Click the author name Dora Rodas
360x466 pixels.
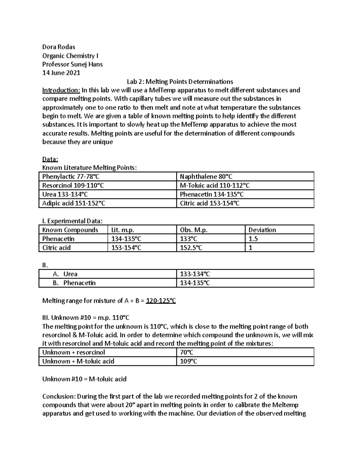tap(58, 47)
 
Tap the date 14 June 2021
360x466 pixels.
tap(61, 73)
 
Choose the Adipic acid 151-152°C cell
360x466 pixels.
tap(74, 203)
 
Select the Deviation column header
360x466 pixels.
tap(262, 230)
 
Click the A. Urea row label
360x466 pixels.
tap(65, 274)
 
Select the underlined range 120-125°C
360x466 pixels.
tap(160, 301)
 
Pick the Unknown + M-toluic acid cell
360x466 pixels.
tap(78, 361)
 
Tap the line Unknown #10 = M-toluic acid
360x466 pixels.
tap(84, 379)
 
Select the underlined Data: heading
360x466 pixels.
tap(50, 159)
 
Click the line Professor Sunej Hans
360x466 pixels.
tap(72, 64)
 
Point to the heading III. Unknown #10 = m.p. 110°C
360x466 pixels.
tap(86, 318)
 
